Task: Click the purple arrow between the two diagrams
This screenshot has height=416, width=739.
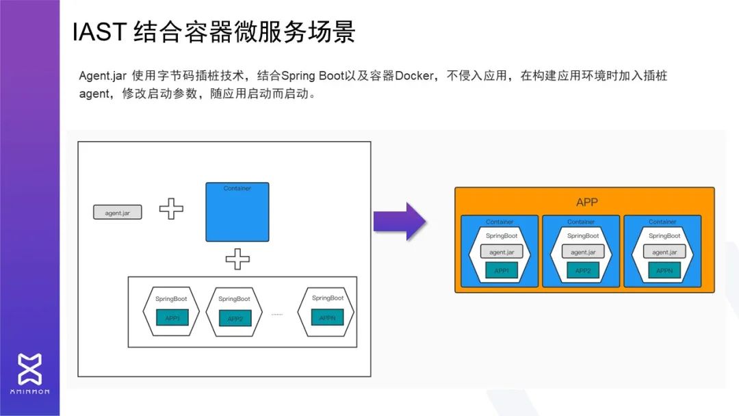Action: point(400,221)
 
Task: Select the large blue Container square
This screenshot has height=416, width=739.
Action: point(237,212)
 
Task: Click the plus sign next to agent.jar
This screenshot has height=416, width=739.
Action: point(171,209)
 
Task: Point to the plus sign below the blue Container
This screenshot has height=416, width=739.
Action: point(237,259)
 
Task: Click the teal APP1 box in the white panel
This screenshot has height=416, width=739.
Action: point(172,318)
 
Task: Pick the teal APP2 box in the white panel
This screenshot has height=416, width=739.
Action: point(235,319)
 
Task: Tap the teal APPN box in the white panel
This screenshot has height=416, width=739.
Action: point(327,317)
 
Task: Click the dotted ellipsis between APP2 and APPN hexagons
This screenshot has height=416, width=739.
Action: point(277,314)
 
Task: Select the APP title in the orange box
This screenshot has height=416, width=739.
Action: point(587,203)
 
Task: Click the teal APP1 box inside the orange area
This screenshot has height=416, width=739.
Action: point(502,270)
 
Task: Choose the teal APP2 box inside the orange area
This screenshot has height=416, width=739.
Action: point(583,270)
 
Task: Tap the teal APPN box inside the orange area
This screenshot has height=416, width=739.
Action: point(664,270)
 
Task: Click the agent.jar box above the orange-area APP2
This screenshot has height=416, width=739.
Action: point(583,252)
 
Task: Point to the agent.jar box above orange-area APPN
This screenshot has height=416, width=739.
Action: point(664,252)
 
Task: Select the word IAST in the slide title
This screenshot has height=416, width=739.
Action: point(99,33)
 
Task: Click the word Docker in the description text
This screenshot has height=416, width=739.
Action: point(414,76)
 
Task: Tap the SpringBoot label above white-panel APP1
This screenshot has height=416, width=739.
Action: point(172,299)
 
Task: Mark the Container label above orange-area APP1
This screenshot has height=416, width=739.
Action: point(500,222)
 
